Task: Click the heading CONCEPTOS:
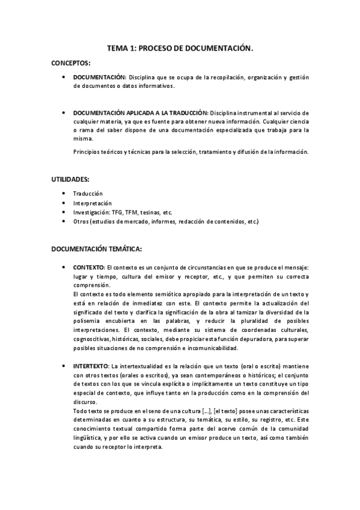point(71,63)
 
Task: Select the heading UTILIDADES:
point(72,179)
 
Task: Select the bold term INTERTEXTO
point(91,366)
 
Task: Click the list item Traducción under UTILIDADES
point(88,193)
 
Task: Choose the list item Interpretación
point(92,203)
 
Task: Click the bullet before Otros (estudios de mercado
point(64,222)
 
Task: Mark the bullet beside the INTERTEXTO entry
point(64,366)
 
